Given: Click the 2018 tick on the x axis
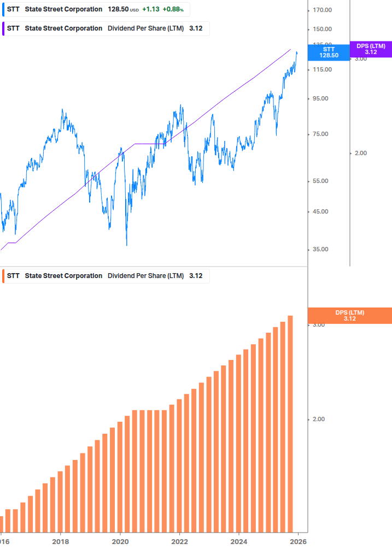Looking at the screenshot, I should pyautogui.click(x=60, y=541).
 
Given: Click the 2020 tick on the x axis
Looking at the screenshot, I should pyautogui.click(x=120, y=541).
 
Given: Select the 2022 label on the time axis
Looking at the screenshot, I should pyautogui.click(x=179, y=541).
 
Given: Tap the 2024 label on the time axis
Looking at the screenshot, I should pyautogui.click(x=239, y=541).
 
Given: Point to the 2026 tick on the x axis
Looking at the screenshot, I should pyautogui.click(x=298, y=541).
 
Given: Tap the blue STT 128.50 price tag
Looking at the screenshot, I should pyautogui.click(x=329, y=52).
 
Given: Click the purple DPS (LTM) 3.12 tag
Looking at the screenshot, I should pyautogui.click(x=371, y=49).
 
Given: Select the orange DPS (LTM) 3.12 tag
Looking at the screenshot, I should pyautogui.click(x=350, y=315).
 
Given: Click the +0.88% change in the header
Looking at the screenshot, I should pyautogui.click(x=173, y=9).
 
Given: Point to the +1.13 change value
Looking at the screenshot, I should pyautogui.click(x=150, y=9).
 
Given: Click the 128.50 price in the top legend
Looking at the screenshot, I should pyautogui.click(x=118, y=9).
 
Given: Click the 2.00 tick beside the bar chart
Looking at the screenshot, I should pyautogui.click(x=318, y=419).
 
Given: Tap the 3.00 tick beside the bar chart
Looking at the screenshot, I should pyautogui.click(x=318, y=324).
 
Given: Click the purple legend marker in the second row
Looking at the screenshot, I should pyautogui.click(x=4, y=28).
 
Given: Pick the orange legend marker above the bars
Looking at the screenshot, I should pyautogui.click(x=4, y=276).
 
